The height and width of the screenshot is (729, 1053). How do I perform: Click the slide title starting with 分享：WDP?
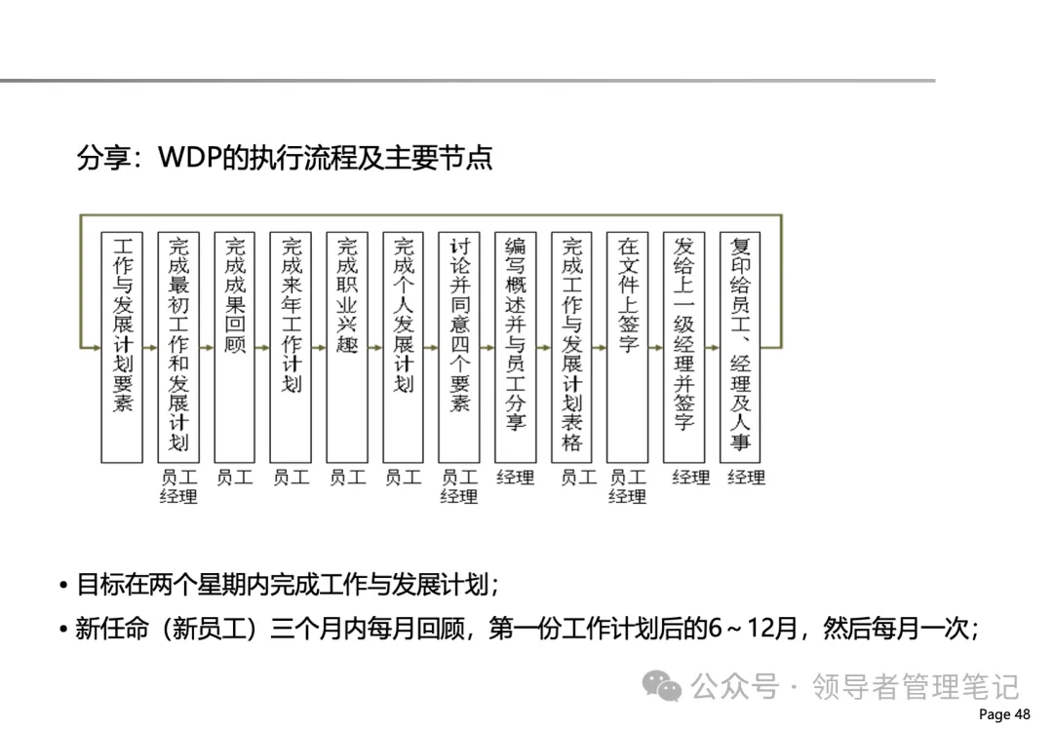(x=285, y=158)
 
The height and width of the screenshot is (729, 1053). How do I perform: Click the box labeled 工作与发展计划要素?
(x=123, y=346)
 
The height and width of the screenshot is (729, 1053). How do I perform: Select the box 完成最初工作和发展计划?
(x=178, y=346)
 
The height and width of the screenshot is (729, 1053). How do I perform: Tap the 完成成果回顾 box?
(x=235, y=346)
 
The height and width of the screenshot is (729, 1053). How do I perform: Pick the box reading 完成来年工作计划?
(x=291, y=346)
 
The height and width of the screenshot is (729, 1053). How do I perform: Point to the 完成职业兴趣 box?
(x=347, y=346)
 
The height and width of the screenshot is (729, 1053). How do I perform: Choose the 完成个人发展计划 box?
(x=403, y=346)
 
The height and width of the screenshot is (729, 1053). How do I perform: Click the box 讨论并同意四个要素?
(x=459, y=346)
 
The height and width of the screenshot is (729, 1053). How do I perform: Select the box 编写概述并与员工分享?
(x=515, y=346)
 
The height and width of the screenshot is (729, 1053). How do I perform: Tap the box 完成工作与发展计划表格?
(x=571, y=346)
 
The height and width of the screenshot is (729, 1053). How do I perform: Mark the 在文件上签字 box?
(x=627, y=346)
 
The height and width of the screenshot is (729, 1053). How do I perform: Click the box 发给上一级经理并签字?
(x=683, y=346)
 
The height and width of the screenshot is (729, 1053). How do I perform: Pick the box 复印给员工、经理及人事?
(x=740, y=346)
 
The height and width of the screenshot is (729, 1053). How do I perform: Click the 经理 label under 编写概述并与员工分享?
(x=515, y=478)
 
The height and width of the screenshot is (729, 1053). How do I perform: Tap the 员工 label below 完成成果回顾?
(x=235, y=478)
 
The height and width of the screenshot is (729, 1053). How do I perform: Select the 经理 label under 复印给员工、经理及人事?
(x=746, y=478)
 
